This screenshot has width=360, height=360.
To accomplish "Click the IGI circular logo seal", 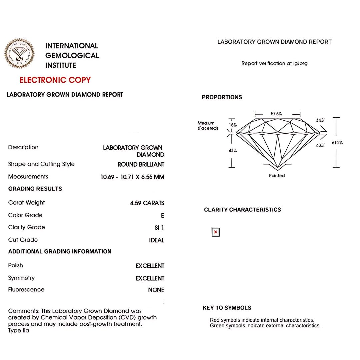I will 19,54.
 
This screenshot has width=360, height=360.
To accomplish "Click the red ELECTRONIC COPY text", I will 55,80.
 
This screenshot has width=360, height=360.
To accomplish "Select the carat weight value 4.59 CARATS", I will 147,203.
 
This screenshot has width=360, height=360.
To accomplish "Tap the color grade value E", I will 162,216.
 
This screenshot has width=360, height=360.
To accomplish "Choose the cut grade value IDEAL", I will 156,240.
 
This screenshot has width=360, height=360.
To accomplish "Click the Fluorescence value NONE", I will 156,290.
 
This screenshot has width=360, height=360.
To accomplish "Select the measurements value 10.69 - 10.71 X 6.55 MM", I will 132,177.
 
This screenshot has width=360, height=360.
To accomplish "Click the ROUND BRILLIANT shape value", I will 141,164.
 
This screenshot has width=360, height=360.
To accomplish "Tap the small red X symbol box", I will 216,232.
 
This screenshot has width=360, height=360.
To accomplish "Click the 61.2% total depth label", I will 337,143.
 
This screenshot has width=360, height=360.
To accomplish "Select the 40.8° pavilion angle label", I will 320,145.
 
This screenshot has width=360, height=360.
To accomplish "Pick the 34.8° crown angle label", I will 320,120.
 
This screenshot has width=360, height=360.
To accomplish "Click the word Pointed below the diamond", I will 277,176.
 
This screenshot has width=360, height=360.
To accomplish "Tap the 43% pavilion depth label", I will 233,151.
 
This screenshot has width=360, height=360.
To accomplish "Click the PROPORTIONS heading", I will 222,97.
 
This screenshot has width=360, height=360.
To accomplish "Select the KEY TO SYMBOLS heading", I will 227,308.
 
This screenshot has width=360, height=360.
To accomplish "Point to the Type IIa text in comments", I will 19,331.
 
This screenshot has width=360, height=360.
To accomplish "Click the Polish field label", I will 16,265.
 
